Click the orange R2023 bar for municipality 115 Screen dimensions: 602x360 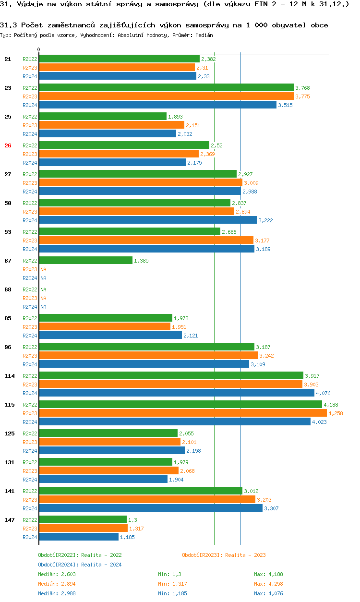click(x=182, y=413)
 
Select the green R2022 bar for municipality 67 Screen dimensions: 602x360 click(x=85, y=260)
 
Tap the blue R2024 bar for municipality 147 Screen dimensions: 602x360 click(x=79, y=537)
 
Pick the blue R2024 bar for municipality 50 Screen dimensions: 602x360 click(x=148, y=220)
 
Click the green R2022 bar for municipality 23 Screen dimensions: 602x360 click(x=166, y=87)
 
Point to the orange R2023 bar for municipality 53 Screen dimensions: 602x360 click(x=146, y=240)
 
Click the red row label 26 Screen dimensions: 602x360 click(x=8, y=145)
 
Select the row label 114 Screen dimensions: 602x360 click(x=10, y=376)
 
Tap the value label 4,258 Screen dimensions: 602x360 click(x=336, y=413)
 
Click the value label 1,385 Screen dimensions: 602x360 click(x=142, y=261)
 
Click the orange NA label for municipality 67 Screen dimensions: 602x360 click(x=43, y=269)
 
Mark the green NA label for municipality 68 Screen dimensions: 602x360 click(x=43, y=289)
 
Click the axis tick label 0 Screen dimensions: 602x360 click(x=39, y=49)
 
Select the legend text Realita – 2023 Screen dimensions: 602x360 click(x=245, y=555)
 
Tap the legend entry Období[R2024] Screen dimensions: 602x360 click(x=59, y=565)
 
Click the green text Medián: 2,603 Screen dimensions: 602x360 click(x=57, y=574)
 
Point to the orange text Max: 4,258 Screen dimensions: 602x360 click(x=266, y=584)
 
